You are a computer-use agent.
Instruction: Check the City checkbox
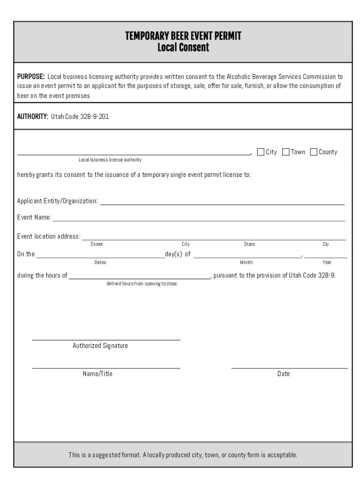(261, 152)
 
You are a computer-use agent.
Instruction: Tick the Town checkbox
(286, 152)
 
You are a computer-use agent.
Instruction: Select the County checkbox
(313, 152)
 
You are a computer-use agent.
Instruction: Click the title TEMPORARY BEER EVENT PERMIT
(183, 36)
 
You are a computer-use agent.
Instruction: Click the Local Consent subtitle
(183, 47)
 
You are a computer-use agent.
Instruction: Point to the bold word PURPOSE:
(31, 76)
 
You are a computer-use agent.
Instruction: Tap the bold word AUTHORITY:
(33, 116)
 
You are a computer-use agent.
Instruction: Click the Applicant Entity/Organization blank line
(223, 202)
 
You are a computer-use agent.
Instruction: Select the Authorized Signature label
(100, 346)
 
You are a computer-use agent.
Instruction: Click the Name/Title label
(98, 374)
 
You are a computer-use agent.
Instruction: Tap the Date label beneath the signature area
(283, 374)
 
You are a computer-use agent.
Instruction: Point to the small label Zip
(325, 244)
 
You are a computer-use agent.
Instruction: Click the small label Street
(97, 244)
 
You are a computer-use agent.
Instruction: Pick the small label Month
(246, 262)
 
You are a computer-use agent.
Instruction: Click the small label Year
(327, 262)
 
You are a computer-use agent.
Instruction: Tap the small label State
(249, 244)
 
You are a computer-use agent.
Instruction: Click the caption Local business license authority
(110, 160)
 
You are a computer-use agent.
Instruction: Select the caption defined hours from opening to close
(142, 284)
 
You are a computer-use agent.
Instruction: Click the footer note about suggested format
(183, 455)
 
